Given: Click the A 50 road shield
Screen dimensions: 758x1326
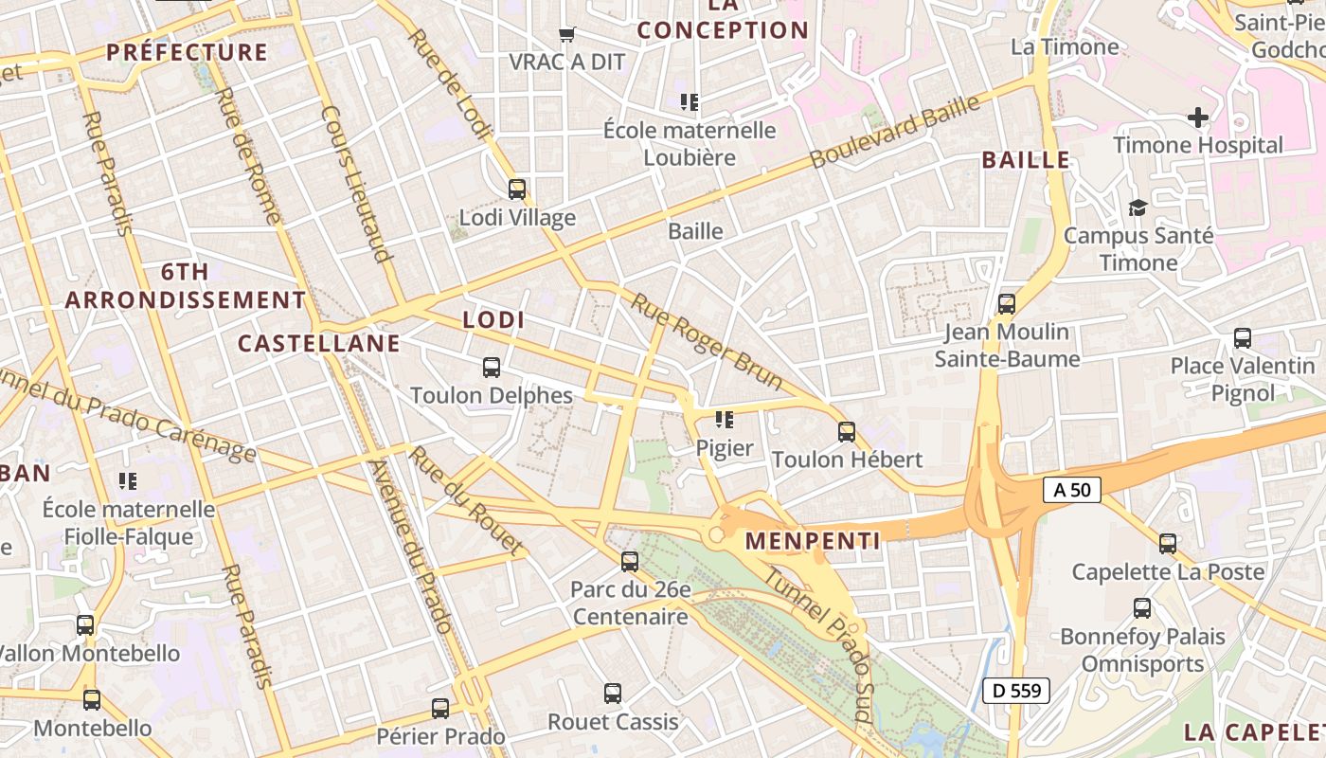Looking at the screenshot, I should [1072, 490].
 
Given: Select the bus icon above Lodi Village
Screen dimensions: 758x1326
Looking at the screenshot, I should [517, 189].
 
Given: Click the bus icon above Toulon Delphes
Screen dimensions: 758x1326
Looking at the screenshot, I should [492, 368].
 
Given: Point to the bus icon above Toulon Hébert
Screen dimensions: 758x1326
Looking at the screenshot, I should [847, 432].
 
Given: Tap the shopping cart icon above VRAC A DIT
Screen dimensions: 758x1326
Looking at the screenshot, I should [567, 35].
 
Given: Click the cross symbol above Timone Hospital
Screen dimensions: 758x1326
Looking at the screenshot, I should [1198, 117].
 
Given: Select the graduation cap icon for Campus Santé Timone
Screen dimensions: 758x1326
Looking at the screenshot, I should [1138, 208].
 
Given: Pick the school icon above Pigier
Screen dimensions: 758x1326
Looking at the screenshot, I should [725, 420].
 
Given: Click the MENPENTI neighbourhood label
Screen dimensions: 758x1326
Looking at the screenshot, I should [813, 541].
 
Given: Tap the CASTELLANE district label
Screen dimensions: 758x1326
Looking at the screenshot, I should [319, 343].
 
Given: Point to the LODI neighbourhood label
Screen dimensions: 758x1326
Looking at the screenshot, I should [493, 320].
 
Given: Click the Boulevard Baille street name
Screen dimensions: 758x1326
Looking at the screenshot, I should [895, 133].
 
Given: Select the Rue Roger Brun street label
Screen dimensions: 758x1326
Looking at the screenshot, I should [707, 342].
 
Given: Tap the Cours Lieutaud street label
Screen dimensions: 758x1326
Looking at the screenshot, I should [356, 183].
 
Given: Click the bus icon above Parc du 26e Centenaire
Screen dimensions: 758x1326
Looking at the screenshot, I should [630, 562].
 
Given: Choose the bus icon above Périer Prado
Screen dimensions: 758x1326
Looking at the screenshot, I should [440, 709].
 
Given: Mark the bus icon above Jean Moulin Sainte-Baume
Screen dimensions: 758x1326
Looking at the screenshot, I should [1007, 304].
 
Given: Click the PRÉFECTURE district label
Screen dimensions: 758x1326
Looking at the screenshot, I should [187, 52].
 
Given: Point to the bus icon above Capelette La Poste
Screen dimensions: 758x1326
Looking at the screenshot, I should [1168, 544].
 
